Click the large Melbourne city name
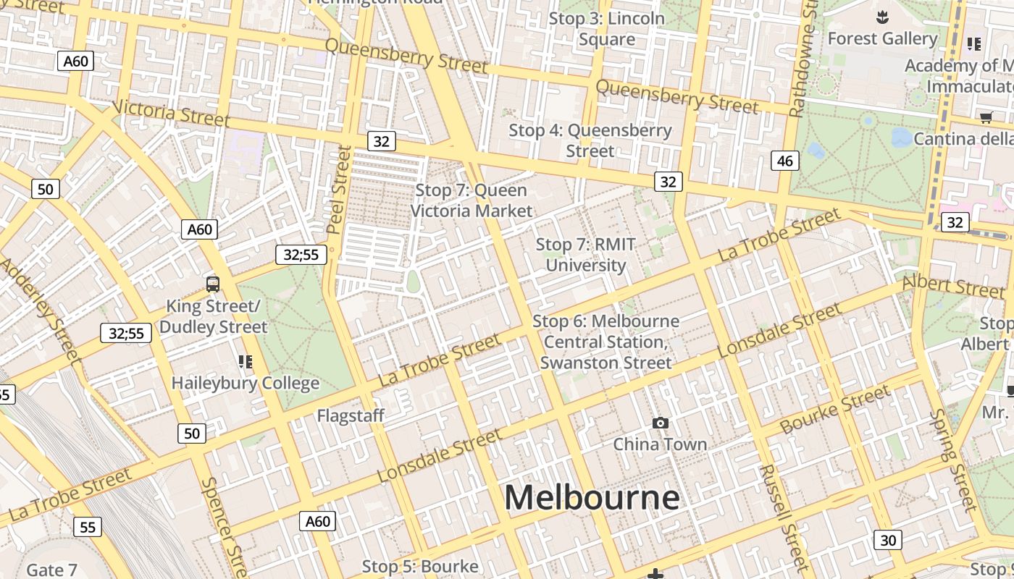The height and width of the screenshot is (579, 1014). click(x=592, y=498)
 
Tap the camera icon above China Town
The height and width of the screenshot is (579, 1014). click(x=660, y=423)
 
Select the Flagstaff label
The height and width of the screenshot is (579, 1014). click(x=351, y=415)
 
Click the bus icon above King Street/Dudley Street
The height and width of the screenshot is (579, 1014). click(x=213, y=284)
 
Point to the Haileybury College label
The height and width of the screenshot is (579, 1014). click(x=246, y=383)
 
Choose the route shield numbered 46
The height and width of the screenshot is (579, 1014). click(x=785, y=161)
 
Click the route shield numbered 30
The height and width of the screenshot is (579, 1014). click(x=888, y=539)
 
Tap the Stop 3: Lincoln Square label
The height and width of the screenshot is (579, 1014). click(x=607, y=29)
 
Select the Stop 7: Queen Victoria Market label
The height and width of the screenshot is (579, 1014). click(x=472, y=200)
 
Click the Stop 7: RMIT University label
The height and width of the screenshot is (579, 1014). click(x=585, y=255)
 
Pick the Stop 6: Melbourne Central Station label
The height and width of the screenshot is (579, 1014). click(x=606, y=342)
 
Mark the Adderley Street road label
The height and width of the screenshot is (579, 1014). click(x=40, y=308)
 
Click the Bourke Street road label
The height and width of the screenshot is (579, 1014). click(x=835, y=410)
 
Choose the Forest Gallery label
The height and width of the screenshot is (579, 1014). click(x=882, y=38)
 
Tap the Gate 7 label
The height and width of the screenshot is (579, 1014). click(x=51, y=570)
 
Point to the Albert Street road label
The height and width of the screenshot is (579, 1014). click(x=953, y=286)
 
